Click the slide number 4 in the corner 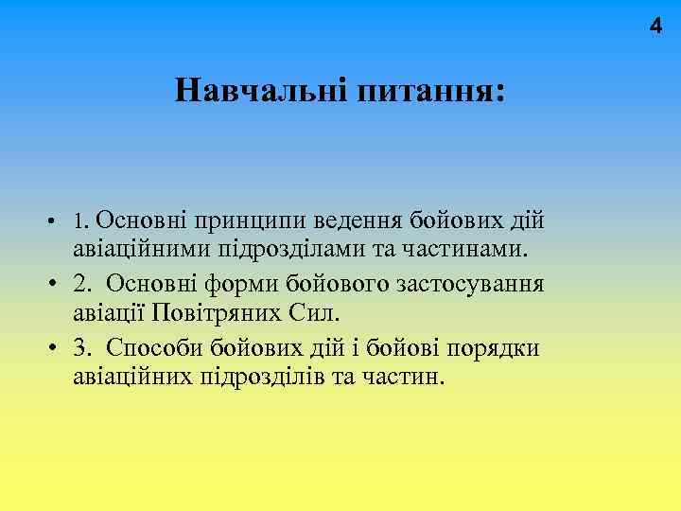(x=655, y=27)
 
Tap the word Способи (x=150, y=347)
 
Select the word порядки (x=492, y=347)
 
